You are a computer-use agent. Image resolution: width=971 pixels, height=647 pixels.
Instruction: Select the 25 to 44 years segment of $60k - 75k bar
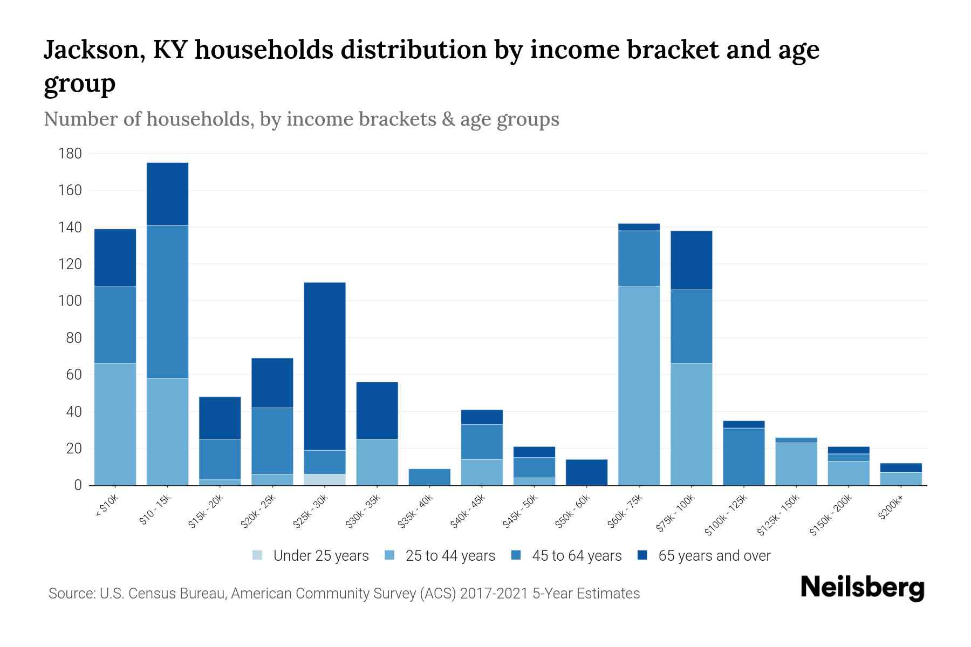coord(639,386)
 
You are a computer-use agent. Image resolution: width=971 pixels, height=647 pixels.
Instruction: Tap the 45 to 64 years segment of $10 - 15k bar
coord(167,301)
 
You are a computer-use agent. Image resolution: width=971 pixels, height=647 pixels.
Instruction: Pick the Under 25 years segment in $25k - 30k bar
coord(325,479)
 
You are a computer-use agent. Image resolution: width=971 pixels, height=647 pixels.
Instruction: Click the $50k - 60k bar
coord(586,472)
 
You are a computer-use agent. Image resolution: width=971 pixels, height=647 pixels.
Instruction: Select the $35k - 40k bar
coord(429,477)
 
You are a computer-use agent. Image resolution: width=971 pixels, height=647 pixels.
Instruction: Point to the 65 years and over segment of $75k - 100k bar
coord(691,260)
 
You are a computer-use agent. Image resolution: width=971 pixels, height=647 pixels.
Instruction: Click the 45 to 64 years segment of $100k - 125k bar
coord(743,456)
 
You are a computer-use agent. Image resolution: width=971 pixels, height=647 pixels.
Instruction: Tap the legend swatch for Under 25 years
coord(258,555)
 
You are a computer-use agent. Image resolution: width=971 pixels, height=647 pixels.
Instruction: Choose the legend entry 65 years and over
coord(714,556)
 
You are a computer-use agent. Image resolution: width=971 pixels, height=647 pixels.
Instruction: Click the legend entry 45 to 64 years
coord(576,556)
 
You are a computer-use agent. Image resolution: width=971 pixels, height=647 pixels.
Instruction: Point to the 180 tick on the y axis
coord(70,154)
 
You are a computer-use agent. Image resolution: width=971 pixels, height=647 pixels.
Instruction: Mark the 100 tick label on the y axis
coord(70,301)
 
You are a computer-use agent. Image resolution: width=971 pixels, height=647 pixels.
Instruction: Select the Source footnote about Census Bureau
coord(344,594)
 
